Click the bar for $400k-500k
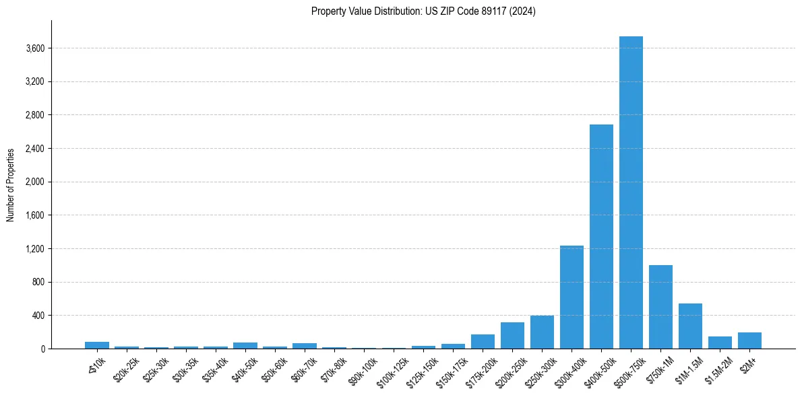601,236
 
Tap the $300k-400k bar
572,297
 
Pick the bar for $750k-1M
660,307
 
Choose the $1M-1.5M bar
690,326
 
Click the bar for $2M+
749,340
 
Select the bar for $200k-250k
512,335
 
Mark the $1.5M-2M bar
720,342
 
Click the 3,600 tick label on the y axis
34,48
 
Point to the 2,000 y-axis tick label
34,182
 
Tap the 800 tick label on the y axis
38,282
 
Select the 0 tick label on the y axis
42,349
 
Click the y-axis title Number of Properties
11,184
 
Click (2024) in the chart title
523,11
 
